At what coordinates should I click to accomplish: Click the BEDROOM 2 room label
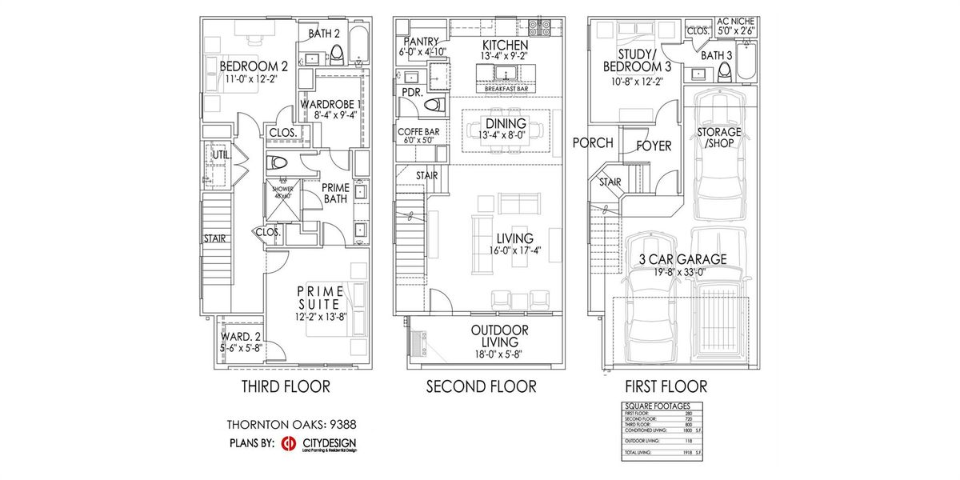click(254, 66)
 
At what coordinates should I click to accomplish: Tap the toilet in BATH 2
click(337, 54)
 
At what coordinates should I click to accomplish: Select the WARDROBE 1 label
click(331, 104)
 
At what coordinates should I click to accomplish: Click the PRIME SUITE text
click(320, 297)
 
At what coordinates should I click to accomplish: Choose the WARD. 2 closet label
click(237, 336)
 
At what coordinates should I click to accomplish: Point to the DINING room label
click(506, 123)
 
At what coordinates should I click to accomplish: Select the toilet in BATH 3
click(725, 71)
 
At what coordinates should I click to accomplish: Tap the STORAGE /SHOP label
click(718, 137)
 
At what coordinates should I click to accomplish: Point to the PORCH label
click(593, 142)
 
